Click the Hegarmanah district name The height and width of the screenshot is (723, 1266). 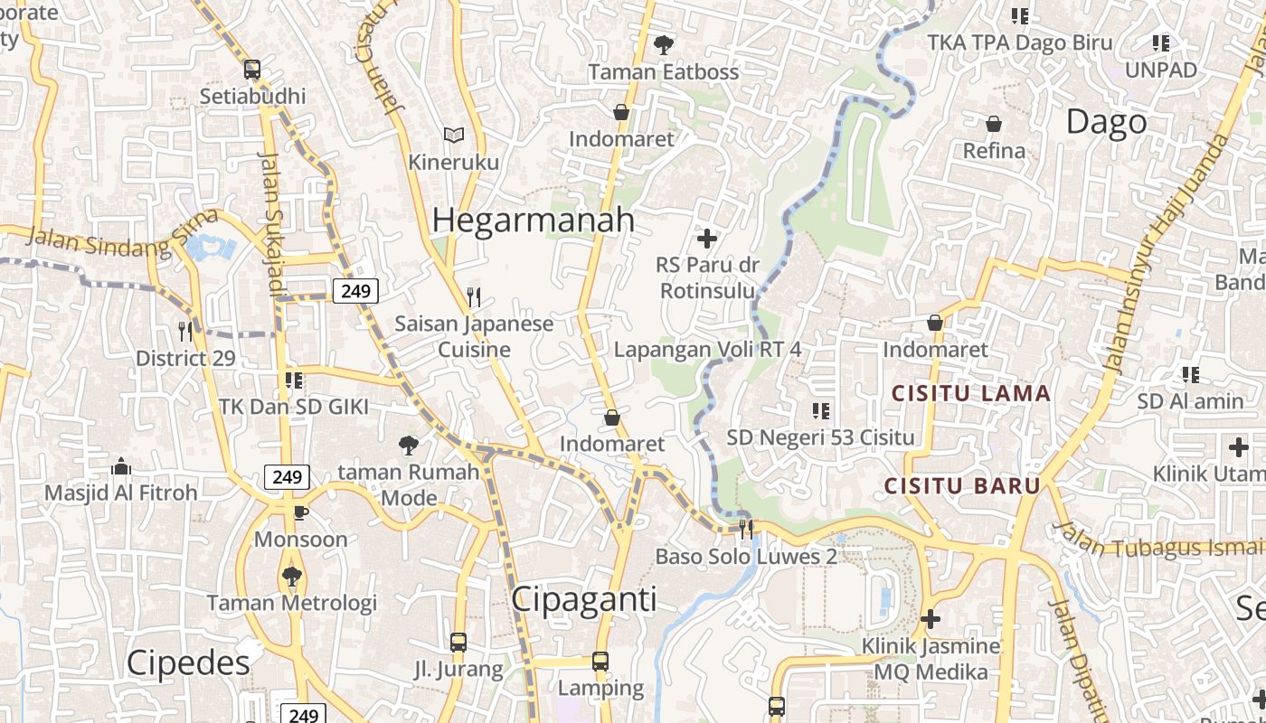[x=533, y=221]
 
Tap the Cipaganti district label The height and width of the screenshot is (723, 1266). [x=583, y=599]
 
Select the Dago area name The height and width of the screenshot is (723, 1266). [x=1106, y=122]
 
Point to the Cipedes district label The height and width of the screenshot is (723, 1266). [x=188, y=662]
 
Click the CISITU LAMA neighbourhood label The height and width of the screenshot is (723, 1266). [x=971, y=393]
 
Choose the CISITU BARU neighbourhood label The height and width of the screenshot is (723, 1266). [x=962, y=485]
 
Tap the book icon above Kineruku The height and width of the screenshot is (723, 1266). [x=454, y=136]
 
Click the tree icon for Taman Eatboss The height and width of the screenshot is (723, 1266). [x=664, y=43]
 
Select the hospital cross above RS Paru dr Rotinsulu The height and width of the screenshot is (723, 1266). [x=707, y=239]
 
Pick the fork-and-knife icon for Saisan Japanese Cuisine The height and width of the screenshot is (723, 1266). [x=473, y=296]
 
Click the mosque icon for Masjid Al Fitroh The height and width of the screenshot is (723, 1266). [x=121, y=466]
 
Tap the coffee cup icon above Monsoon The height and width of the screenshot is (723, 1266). [x=300, y=512]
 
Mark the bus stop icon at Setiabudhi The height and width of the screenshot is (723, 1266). [x=252, y=69]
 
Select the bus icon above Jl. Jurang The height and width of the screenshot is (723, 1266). [x=458, y=643]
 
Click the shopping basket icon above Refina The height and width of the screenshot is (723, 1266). [x=994, y=124]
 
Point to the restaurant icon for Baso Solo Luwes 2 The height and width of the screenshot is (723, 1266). [x=746, y=529]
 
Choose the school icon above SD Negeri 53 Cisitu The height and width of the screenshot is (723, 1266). [x=821, y=411]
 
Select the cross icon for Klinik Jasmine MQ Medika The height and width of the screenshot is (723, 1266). [x=931, y=619]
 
